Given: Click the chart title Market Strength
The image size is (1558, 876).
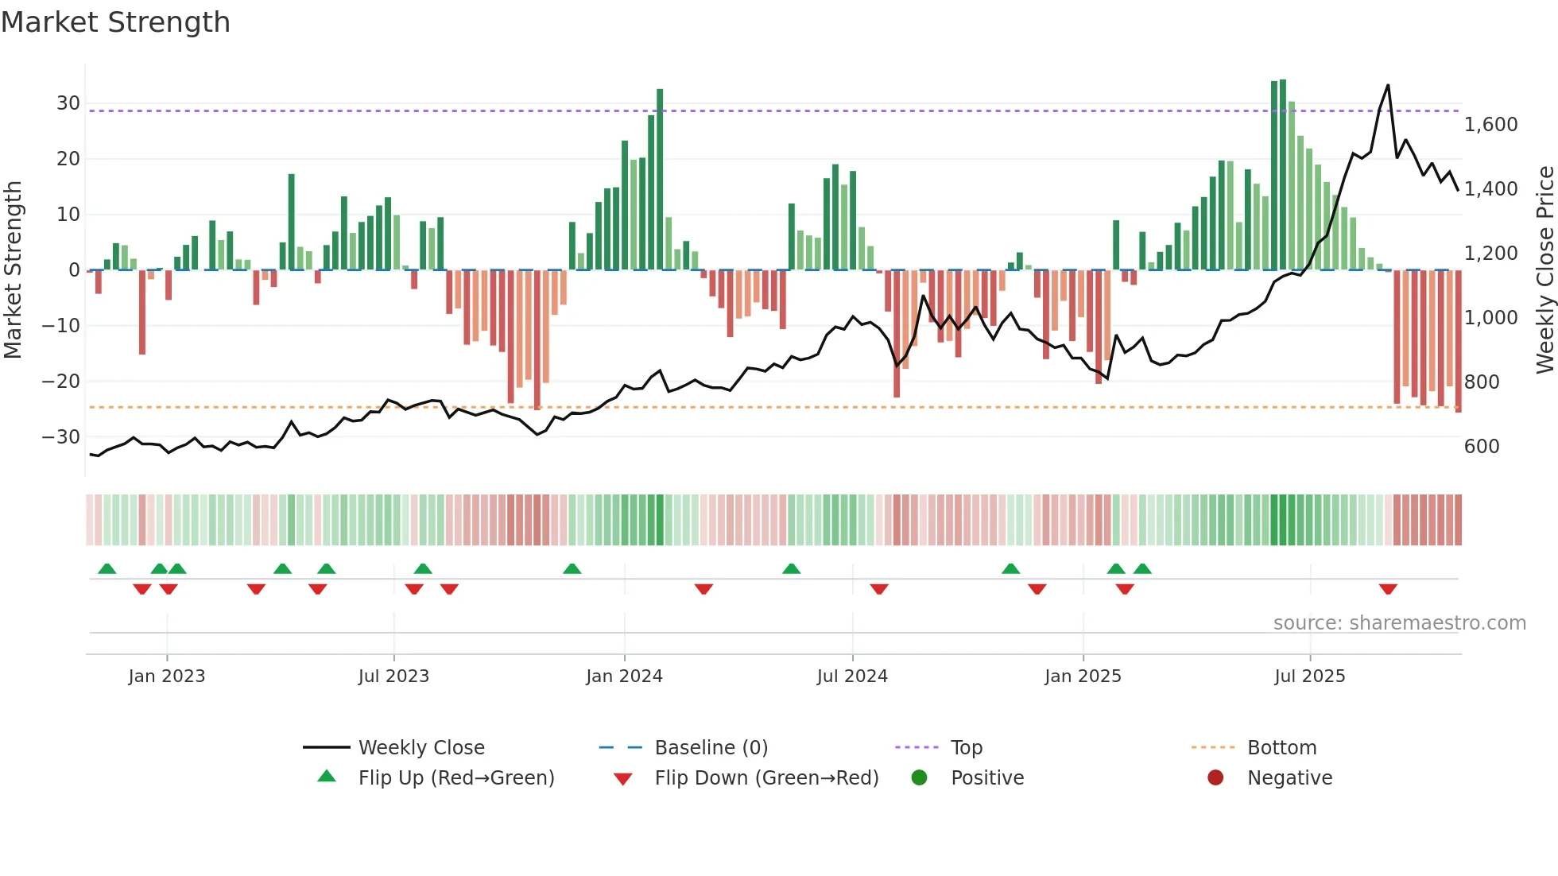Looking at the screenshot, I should click(115, 22).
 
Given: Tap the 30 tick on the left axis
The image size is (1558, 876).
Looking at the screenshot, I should click(68, 103).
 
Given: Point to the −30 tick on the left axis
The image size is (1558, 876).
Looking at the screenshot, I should click(61, 437).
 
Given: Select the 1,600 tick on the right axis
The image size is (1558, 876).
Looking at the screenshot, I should click(1490, 125).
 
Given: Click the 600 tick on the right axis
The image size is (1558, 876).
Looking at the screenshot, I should click(1481, 447).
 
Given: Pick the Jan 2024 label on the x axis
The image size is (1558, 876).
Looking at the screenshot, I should click(624, 676).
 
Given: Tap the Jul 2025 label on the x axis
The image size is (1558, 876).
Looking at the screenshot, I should click(1309, 676).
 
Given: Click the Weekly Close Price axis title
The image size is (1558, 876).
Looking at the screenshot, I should click(1544, 270).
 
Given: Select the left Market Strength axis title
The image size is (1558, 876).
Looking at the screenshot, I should click(13, 270).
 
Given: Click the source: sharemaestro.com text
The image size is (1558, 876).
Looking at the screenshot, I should click(1399, 623).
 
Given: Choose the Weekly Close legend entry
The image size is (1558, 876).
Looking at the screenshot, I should click(421, 748).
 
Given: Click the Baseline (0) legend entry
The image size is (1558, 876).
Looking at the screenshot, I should click(711, 748).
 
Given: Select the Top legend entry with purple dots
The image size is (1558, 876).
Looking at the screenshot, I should click(966, 748).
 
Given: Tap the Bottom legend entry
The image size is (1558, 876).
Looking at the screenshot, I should click(1281, 748).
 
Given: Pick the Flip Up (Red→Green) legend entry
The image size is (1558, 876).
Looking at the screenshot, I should click(455, 778).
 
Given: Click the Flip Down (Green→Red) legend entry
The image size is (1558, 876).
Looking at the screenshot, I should click(766, 778).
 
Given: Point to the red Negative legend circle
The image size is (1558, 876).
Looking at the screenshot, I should click(1215, 777).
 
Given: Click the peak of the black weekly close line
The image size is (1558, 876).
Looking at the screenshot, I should click(1388, 85).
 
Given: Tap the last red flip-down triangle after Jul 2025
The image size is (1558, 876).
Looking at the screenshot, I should click(1388, 589).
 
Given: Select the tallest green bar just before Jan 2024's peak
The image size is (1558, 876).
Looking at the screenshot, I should click(660, 180).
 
